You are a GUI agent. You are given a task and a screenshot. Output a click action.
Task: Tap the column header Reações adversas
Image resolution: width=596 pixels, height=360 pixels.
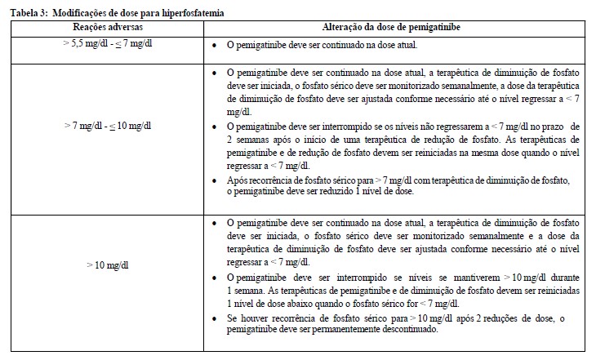pyautogui.click(x=103, y=27)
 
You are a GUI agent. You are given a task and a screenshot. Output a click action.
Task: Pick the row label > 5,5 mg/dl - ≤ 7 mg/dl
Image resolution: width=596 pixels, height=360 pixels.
pyautogui.click(x=103, y=44)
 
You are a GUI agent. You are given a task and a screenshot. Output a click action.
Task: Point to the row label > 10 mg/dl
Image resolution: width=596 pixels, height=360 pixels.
pyautogui.click(x=103, y=265)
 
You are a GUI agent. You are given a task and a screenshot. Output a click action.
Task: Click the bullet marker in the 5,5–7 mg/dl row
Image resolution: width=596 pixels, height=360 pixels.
pyautogui.click(x=213, y=45)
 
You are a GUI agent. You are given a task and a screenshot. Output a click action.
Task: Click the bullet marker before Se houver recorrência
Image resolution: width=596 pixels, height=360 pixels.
pyautogui.click(x=213, y=318)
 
